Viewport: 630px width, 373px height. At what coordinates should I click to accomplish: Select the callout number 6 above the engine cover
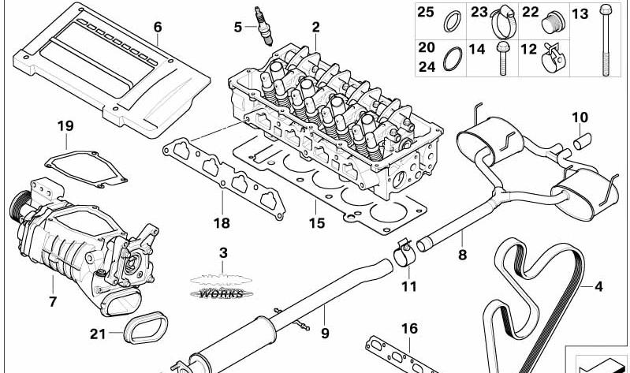coord(158,26)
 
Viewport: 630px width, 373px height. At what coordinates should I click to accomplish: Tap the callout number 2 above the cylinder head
coord(315,27)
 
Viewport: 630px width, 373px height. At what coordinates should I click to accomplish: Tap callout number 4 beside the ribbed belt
coord(598,286)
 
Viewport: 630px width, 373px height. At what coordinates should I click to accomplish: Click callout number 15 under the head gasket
coord(316,224)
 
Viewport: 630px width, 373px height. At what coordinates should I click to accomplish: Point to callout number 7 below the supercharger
coord(53,301)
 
